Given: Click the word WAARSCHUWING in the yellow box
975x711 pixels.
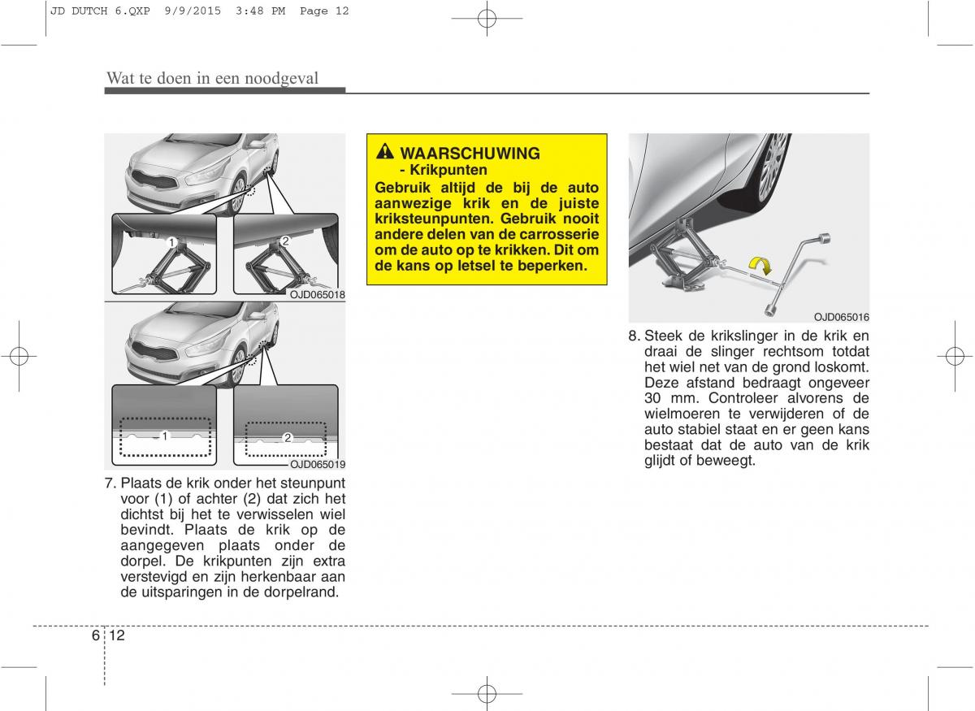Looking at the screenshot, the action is click(470, 154).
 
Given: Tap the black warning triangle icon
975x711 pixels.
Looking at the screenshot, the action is click(385, 152).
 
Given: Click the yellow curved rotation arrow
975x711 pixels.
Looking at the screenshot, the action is click(760, 265).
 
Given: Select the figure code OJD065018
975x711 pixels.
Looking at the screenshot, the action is click(318, 295).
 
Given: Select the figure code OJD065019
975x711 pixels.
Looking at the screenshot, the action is click(318, 465).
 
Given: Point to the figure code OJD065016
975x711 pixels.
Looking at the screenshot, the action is click(842, 317).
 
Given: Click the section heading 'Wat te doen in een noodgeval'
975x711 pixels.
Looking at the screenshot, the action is click(212, 78).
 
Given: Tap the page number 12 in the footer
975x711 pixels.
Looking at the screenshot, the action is click(117, 635).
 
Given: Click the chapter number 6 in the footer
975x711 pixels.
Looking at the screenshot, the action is click(95, 635).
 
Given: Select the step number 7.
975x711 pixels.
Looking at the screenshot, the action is click(110, 483).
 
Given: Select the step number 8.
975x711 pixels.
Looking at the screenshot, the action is click(635, 336).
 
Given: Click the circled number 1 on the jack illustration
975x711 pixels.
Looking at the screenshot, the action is click(171, 242).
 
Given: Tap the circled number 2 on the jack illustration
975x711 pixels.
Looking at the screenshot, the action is click(285, 241).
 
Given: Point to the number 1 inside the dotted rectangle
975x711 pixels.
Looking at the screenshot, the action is click(164, 436).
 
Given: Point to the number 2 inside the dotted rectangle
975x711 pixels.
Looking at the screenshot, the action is click(288, 438).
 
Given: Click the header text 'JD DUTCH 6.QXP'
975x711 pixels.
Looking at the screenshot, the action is click(100, 11).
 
